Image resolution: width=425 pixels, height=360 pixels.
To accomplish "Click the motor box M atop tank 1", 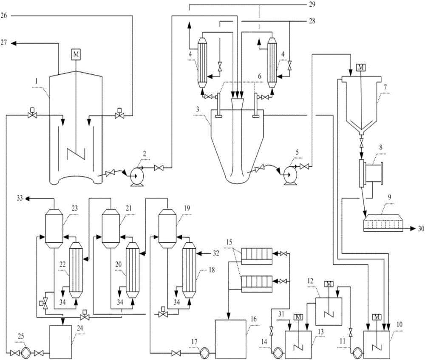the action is pos(76,54).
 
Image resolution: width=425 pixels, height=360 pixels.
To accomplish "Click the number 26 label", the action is pos(4,15).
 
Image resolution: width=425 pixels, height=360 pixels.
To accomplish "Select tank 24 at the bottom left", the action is pos(60,342).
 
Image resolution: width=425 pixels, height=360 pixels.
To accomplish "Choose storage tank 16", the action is pos(231,339).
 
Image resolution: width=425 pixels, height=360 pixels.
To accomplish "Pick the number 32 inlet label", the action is pos(216,253).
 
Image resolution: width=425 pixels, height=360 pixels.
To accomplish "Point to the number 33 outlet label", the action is pos(20,198).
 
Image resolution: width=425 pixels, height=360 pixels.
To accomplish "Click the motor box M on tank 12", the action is pos(329,284).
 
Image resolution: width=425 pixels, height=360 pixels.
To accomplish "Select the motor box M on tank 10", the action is pos(377,317).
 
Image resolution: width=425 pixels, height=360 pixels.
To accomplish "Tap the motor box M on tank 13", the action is pos(298,317).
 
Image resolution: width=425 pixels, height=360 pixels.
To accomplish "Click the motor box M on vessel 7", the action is pos(361,67).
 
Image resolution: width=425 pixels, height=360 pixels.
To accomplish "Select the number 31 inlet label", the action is pos(281,314).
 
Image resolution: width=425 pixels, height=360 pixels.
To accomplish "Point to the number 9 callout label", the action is pos(389,197).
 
